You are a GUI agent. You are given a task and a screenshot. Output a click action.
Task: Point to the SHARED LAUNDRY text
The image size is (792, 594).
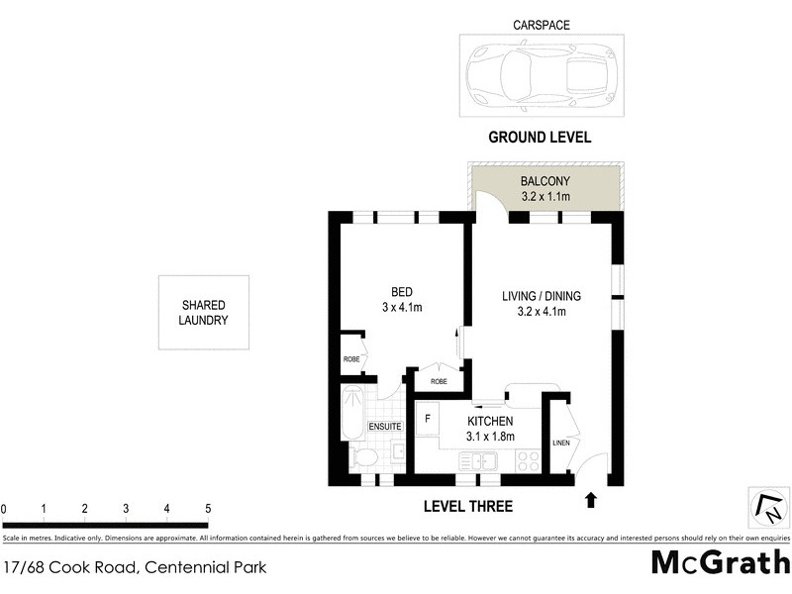pyautogui.click(x=204, y=313)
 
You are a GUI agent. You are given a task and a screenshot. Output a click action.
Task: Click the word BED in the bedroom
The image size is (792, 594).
pyautogui.click(x=402, y=292)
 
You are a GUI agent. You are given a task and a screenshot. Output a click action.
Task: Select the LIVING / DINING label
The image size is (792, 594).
pyautogui.click(x=541, y=296)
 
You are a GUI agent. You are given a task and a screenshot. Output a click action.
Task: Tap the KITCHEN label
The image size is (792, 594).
pyautogui.click(x=490, y=421)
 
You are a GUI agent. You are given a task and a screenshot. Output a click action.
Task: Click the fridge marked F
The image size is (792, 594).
pyautogui.click(x=428, y=419)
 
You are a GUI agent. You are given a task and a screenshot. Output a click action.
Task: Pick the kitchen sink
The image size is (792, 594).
pyautogui.click(x=482, y=460)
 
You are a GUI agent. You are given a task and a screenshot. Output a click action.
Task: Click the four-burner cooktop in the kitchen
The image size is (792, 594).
pyautogui.click(x=527, y=460)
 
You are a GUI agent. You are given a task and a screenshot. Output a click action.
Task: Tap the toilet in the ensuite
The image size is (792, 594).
pyautogui.click(x=363, y=457)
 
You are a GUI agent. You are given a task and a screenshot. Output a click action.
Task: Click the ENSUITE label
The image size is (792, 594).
pyautogui.click(x=384, y=427)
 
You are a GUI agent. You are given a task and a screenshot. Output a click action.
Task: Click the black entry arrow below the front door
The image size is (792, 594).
pyautogui.click(x=592, y=500)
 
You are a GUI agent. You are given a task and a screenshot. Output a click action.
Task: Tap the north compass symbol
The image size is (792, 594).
pyautogui.click(x=766, y=508)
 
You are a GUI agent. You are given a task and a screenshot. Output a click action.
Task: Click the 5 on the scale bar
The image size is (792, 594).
pyautogui.click(x=208, y=509)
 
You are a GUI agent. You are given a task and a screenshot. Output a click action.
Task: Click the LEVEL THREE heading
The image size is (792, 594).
pyautogui.click(x=467, y=507)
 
